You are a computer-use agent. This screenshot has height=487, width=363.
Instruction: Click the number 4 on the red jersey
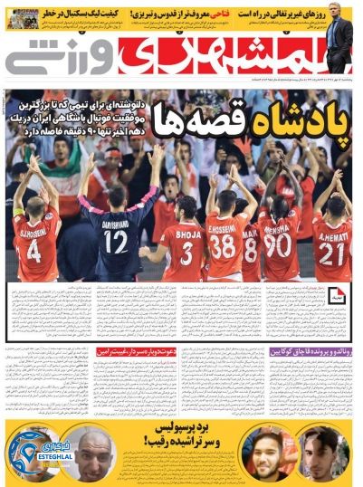pyautogui.click(x=33, y=250)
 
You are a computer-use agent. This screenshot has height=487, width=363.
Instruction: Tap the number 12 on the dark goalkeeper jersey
pyautogui.click(x=115, y=243)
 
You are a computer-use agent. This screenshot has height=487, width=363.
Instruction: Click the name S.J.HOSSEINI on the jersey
pyautogui.click(x=35, y=224)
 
